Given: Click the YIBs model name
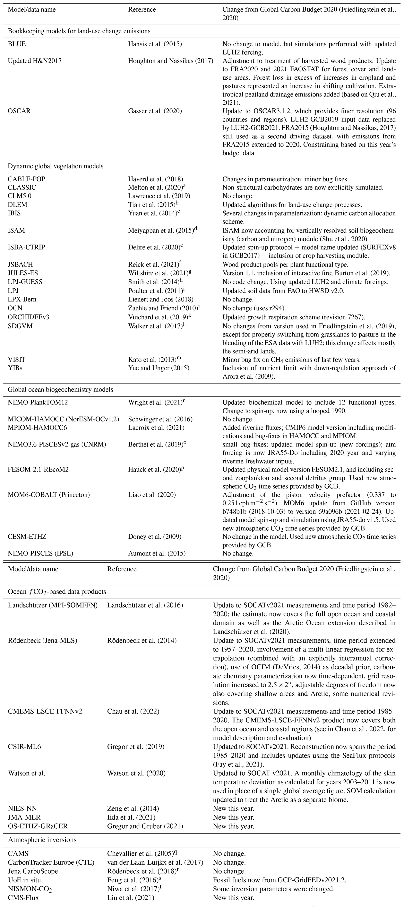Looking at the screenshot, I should coord(17,368).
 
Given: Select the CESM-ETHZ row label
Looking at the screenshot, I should coord(27,537).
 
